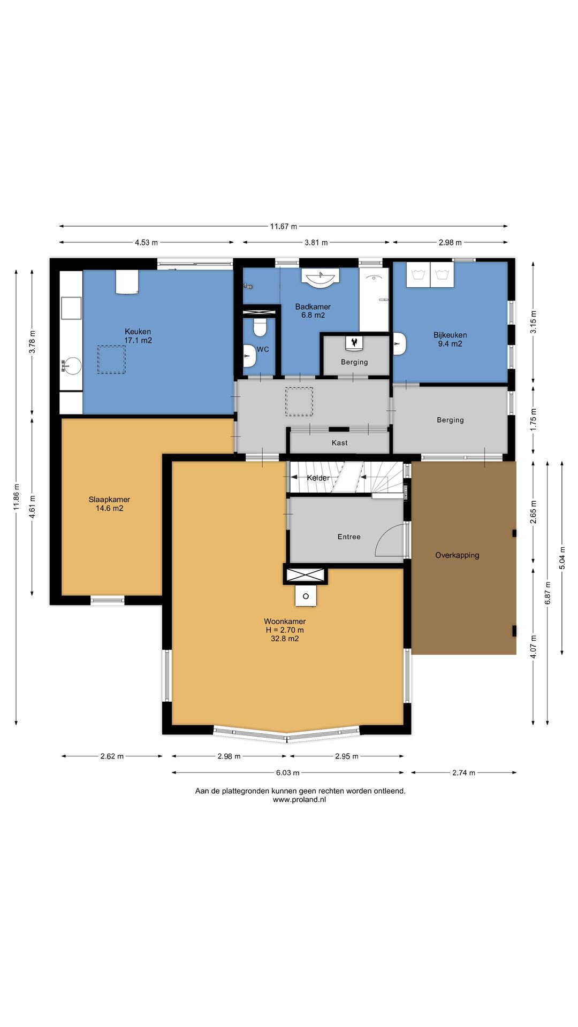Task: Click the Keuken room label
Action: pos(138,332)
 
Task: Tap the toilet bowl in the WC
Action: pos(260,327)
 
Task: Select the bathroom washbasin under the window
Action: pos(321,278)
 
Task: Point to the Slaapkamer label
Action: pos(109,500)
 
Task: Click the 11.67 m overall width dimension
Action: pos(283,226)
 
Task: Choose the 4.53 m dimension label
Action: pos(146,242)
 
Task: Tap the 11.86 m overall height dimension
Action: pos(17,497)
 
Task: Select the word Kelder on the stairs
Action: pos(318,478)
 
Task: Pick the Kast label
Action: pos(339,443)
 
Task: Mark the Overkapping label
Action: pos(457,555)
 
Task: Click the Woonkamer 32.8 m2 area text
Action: pos(285,639)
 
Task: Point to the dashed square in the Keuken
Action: pos(111,359)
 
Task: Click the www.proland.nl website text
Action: pos(299,800)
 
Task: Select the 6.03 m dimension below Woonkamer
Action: pos(288,772)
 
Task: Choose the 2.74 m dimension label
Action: pos(463,772)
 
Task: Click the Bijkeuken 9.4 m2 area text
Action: pos(450,344)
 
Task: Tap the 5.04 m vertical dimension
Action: pos(562,557)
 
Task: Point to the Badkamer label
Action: pos(313,306)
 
